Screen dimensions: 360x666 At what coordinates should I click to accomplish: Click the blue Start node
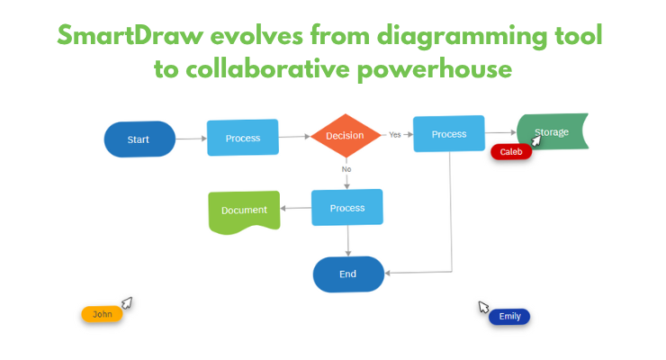point(139,139)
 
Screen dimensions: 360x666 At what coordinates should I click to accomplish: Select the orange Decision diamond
point(345,136)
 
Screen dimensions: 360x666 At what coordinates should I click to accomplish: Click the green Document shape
point(244,211)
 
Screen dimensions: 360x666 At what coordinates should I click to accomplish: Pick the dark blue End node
point(348,274)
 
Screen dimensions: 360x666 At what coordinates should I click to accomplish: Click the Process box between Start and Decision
point(243,138)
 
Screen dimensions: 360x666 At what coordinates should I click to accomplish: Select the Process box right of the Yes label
point(449,134)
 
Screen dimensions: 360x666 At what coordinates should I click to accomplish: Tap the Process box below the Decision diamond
point(347,207)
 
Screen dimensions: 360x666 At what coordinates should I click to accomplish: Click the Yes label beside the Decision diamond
point(394,135)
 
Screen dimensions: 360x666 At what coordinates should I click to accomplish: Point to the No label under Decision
point(346,169)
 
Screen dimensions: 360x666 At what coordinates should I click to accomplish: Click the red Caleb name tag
point(511,152)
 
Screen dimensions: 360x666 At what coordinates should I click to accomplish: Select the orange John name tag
point(102,314)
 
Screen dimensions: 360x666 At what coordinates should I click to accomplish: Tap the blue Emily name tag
point(509,316)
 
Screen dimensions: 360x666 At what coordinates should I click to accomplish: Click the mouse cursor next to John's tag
point(127,302)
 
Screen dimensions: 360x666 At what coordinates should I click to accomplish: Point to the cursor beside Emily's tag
point(483,307)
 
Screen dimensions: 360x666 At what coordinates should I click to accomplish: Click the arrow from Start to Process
point(191,139)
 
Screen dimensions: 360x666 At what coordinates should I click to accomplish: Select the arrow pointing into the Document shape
point(296,209)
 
